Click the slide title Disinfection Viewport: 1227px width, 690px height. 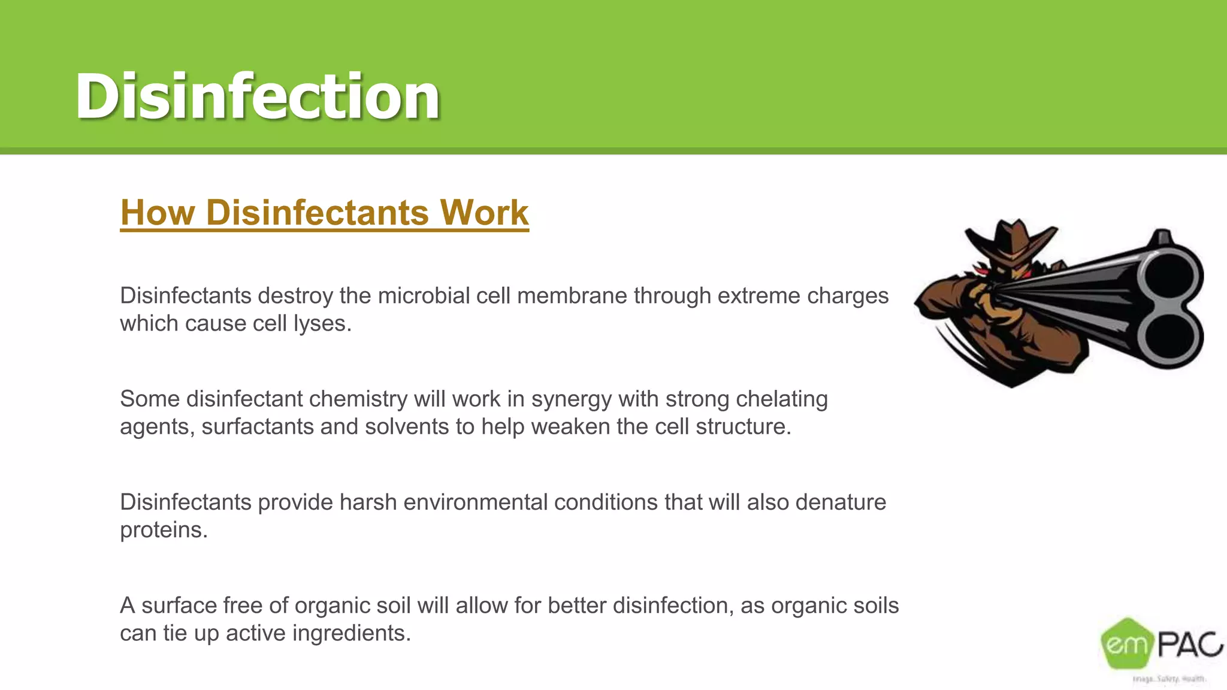(x=258, y=96)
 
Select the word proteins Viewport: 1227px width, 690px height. (x=163, y=531)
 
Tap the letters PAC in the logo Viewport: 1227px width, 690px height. (x=1189, y=644)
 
